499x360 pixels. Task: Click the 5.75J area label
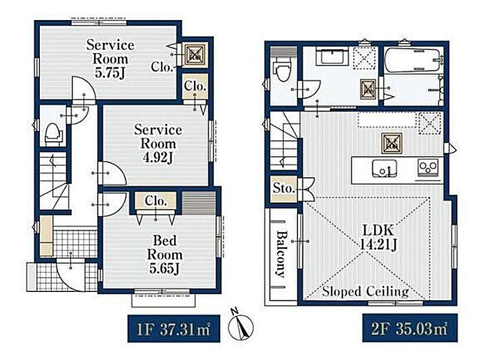point(110,73)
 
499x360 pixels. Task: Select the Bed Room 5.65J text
point(165,255)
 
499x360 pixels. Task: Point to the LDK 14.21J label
point(379,237)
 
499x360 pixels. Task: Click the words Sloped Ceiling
point(366,291)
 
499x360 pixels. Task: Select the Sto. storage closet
point(283,188)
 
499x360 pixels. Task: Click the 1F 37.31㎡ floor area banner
point(173,328)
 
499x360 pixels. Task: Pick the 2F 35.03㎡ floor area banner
point(410,328)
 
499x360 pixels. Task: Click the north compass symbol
point(241,325)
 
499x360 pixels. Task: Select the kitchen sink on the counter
point(384,168)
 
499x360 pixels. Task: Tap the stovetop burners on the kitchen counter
point(428,167)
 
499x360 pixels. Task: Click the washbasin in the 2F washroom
point(332,57)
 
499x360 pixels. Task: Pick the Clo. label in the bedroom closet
point(155,200)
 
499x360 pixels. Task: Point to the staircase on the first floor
point(54,180)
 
